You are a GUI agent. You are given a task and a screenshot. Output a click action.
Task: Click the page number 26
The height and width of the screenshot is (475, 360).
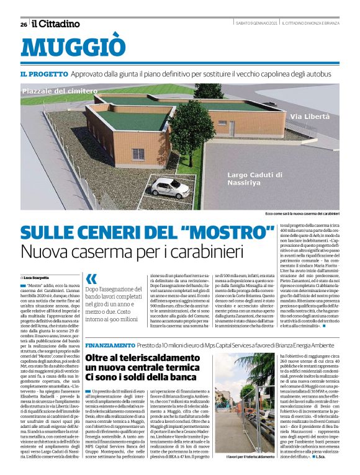(x=23, y=24)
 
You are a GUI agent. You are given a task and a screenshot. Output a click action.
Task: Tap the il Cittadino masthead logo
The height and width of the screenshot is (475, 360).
(x=56, y=24)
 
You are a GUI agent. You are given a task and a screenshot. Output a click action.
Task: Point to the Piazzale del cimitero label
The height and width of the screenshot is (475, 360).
(x=59, y=91)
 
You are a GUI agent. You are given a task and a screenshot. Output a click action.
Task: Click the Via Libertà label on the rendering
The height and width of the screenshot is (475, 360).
(x=309, y=117)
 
